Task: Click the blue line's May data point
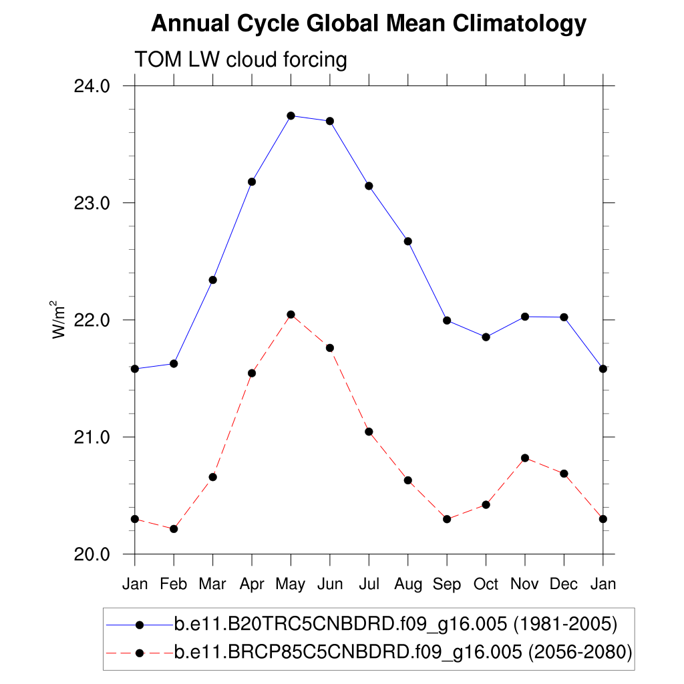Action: point(291,116)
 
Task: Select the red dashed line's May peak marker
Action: point(291,315)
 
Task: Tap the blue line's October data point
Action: point(486,337)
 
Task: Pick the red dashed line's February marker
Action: point(174,529)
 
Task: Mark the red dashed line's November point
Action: point(525,458)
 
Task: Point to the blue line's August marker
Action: point(407,241)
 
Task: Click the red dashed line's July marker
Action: point(369,432)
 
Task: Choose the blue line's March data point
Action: point(212,280)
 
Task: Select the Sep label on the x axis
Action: point(447,584)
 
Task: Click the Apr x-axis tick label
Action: point(252,585)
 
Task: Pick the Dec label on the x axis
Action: point(564,584)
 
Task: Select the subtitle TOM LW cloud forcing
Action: point(241,60)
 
